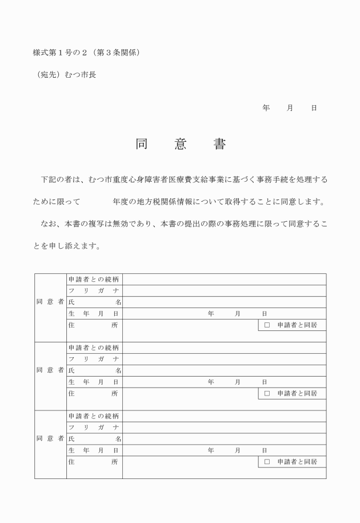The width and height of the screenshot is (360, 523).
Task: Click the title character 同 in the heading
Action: coord(141,145)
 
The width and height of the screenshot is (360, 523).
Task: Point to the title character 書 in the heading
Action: coord(219,145)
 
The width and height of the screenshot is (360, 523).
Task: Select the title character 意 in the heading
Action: coord(181,145)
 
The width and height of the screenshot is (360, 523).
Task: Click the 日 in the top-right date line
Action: coord(314,107)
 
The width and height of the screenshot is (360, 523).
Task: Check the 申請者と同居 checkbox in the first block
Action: coord(267,325)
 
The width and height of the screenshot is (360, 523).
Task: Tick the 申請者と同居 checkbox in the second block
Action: coord(267,394)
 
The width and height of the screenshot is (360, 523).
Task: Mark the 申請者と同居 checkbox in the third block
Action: coord(267,462)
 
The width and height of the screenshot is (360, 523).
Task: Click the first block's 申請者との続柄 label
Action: coord(94,280)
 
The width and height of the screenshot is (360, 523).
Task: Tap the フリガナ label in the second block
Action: coord(94,360)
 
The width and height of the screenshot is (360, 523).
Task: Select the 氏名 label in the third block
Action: coord(94,439)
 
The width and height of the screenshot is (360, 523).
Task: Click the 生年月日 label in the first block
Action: coord(94,314)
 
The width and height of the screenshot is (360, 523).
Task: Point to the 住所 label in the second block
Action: coord(94,394)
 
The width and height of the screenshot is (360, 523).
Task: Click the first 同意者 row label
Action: coord(50,302)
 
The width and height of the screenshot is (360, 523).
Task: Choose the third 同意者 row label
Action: coord(50,439)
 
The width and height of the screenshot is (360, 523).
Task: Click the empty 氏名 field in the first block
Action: coord(224,302)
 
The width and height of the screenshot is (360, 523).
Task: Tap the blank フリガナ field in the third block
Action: coord(224,428)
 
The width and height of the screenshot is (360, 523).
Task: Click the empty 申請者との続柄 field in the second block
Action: coord(224,348)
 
